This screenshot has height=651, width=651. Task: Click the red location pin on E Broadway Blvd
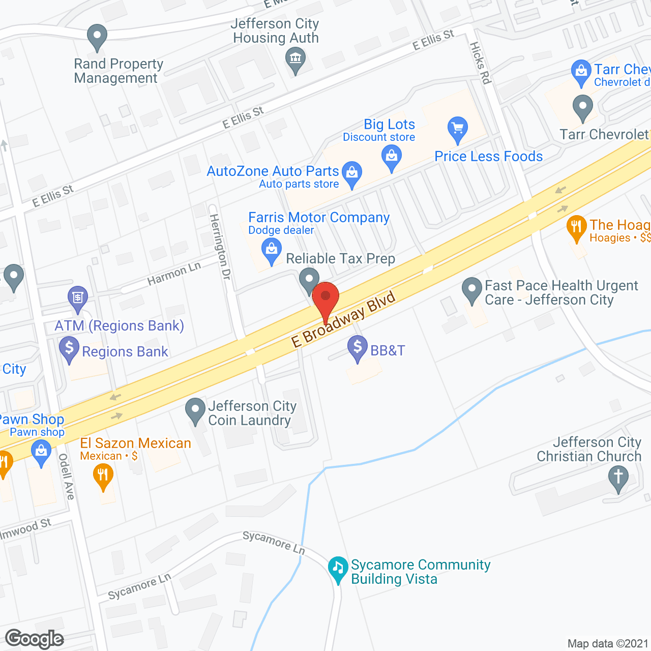coord(325,298)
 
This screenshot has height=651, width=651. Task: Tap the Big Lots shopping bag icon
coord(392,156)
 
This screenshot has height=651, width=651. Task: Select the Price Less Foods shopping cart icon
coord(458,128)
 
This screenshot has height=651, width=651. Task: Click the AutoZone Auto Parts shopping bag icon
coord(352,172)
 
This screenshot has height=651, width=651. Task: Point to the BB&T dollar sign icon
coord(358,348)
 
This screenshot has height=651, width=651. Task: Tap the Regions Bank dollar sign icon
coord(69,349)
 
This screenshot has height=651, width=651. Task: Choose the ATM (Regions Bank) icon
coord(78,297)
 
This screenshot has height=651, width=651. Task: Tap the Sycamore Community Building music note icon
coord(338,568)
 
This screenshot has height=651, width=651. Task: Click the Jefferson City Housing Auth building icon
coord(295,58)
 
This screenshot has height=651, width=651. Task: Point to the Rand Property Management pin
coord(97,37)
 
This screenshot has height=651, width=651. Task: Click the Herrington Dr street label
coord(220,247)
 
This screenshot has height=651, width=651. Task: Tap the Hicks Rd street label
coord(480,63)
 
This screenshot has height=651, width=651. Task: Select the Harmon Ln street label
coord(174,274)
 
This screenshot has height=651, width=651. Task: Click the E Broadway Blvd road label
coord(343,319)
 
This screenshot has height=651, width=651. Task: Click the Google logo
coord(35,639)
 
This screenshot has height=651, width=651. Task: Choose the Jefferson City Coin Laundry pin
coord(195,410)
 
